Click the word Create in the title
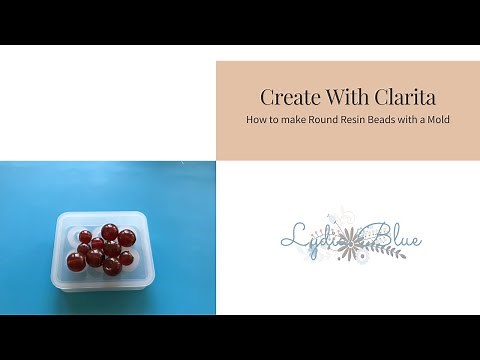tap(284, 97)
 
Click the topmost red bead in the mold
tap(110, 232)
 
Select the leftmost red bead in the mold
tap(75, 262)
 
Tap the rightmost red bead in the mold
tap(127, 238)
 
